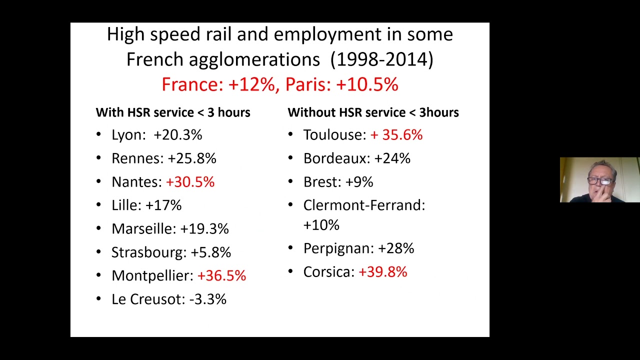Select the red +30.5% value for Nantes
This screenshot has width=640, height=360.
[190, 182]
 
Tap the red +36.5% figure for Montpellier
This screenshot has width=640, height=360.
[221, 275]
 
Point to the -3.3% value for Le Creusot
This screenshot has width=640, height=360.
[207, 299]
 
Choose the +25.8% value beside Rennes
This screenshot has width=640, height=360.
[192, 158]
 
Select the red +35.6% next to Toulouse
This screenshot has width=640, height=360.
[396, 135]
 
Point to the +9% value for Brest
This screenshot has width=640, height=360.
[359, 182]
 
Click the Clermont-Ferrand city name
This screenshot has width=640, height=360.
[363, 205]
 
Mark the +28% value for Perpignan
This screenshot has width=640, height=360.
[396, 248]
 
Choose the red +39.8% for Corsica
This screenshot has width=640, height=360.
[383, 272]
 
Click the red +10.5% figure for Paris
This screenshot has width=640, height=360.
[367, 84]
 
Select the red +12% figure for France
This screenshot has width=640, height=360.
[251, 84]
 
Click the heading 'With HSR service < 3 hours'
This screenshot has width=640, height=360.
[173, 112]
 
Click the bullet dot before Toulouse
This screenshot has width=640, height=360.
[290, 134]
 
